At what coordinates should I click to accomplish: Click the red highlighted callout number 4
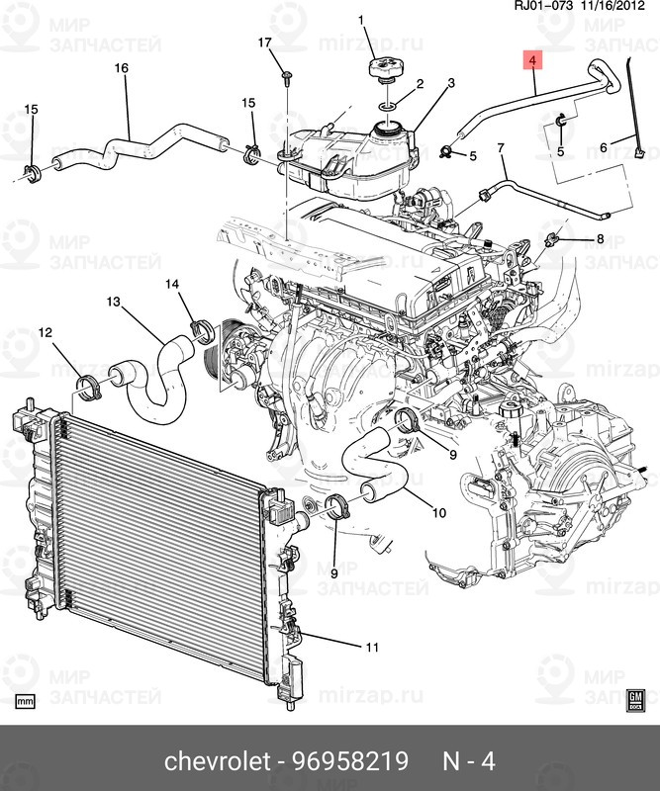pos(532,61)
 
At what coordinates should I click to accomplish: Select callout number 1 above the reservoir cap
pos(360,20)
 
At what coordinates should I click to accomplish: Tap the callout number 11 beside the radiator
pos(371,648)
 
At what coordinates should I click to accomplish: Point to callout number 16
pos(122,68)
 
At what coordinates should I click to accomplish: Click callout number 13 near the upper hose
pos(113,301)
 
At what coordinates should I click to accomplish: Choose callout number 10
pos(439,512)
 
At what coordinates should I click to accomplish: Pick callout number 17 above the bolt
pos(264,42)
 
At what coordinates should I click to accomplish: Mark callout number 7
pos(501,148)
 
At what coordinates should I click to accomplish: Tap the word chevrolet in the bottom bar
pos(217,762)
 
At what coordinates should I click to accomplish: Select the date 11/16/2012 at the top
pos(617,9)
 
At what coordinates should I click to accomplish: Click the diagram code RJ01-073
pos(541,9)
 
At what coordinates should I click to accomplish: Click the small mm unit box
pos(26,701)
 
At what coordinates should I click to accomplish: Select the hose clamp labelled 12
pos(91,386)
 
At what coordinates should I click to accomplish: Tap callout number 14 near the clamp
pos(172,284)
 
